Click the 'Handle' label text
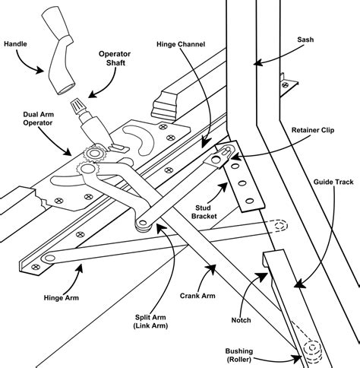pos(15,44)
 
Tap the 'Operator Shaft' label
pos(115,58)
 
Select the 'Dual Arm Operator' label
pos(38,119)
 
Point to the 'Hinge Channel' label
pos(181,44)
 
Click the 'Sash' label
pos(305,40)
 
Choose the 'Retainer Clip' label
pos(313,130)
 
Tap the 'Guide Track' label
pos(333,182)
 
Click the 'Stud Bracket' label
pos(204,212)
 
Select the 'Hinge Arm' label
pos(62,297)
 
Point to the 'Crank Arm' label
pos(197,296)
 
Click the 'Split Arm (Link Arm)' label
pos(150,322)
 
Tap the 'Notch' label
pos(241,320)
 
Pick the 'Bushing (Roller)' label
pos(239,355)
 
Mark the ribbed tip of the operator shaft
pos(77,105)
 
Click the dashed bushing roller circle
pos(312,347)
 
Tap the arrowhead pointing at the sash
pos(257,62)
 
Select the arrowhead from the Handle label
pos(39,70)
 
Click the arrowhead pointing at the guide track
pos(299,284)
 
